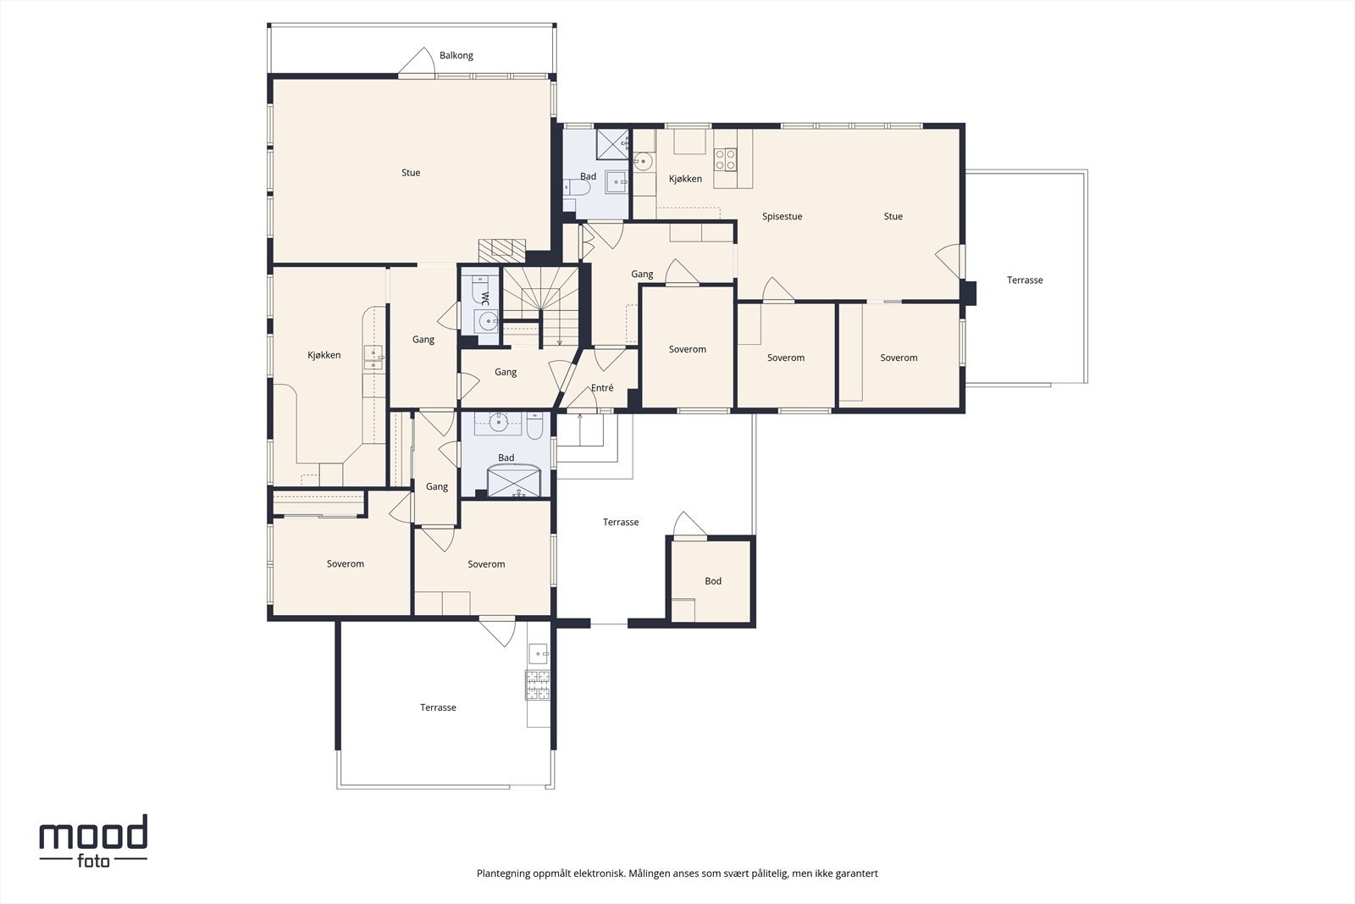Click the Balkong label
click(x=456, y=56)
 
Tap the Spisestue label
click(x=782, y=217)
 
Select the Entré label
click(x=602, y=388)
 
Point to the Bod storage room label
click(x=712, y=581)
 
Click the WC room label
click(x=485, y=297)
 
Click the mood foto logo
click(x=93, y=840)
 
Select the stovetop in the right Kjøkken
click(x=725, y=160)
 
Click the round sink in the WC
click(x=486, y=321)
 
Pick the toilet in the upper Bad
click(x=577, y=187)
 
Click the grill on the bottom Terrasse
click(x=538, y=685)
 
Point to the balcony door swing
click(x=417, y=62)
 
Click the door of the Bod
click(x=689, y=524)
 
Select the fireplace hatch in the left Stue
click(x=502, y=251)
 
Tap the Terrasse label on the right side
click(x=1025, y=280)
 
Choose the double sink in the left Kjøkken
click(x=373, y=358)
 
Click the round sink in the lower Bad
click(x=498, y=423)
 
